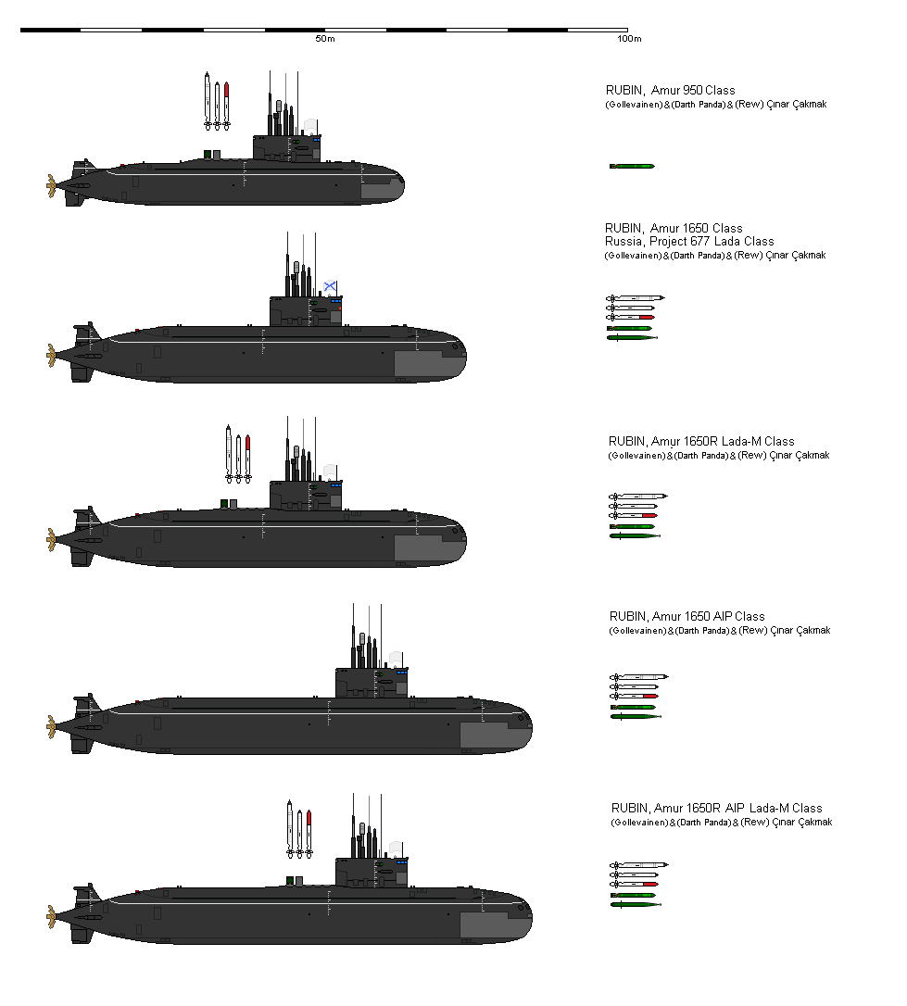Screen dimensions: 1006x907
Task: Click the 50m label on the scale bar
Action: point(324,39)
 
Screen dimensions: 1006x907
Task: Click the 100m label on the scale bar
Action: point(629,39)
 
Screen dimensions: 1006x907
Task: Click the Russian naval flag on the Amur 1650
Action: point(330,286)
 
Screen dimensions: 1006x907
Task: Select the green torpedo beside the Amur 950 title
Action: point(632,166)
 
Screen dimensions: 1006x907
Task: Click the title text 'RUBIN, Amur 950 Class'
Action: point(670,90)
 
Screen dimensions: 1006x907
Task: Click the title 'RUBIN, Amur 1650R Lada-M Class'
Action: point(701,441)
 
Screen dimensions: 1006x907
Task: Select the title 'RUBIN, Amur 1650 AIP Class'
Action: point(687,616)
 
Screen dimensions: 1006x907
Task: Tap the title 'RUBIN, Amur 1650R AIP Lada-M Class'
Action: point(716,808)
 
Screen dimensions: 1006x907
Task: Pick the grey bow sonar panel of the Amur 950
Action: point(380,190)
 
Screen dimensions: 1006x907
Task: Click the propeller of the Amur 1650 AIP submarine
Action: point(50,727)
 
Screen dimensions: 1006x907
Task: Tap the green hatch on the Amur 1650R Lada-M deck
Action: point(224,503)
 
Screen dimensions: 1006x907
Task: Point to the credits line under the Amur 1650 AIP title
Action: point(720,631)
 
